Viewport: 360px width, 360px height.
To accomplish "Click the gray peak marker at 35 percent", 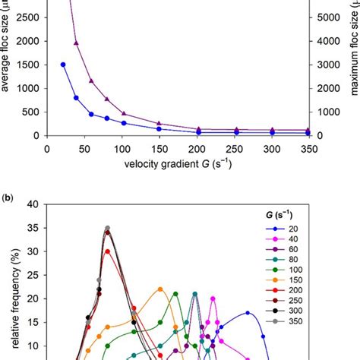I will pyautogui.click(x=108, y=228).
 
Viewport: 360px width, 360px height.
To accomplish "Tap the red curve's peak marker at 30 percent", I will pyautogui.click(x=108, y=251).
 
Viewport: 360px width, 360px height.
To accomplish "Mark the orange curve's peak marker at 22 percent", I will pyautogui.click(x=160, y=289).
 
